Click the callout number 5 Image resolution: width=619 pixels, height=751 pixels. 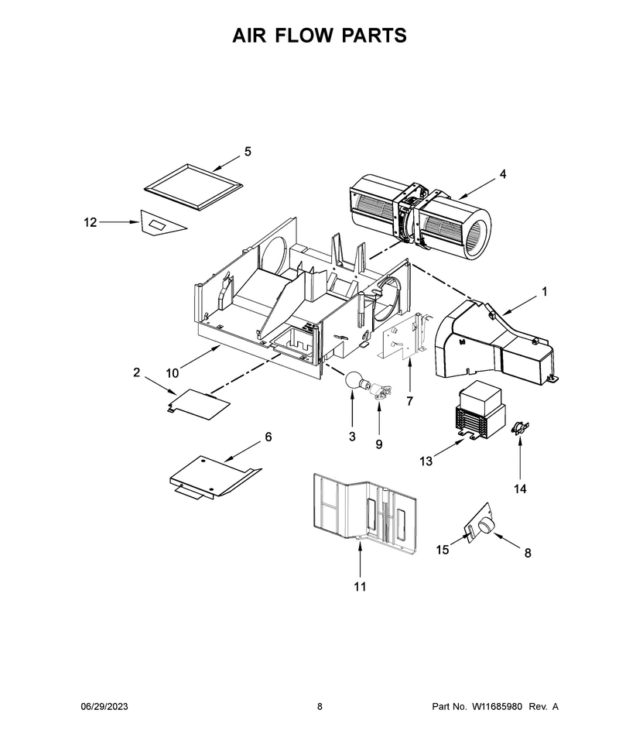coord(248,151)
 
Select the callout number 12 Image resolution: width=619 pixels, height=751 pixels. coord(90,222)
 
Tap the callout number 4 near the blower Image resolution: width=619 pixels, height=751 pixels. coord(503,174)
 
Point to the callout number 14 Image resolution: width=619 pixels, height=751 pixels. coord(520,489)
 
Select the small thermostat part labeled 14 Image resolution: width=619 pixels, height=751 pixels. coord(520,427)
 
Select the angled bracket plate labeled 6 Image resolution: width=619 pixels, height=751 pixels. coord(215,477)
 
